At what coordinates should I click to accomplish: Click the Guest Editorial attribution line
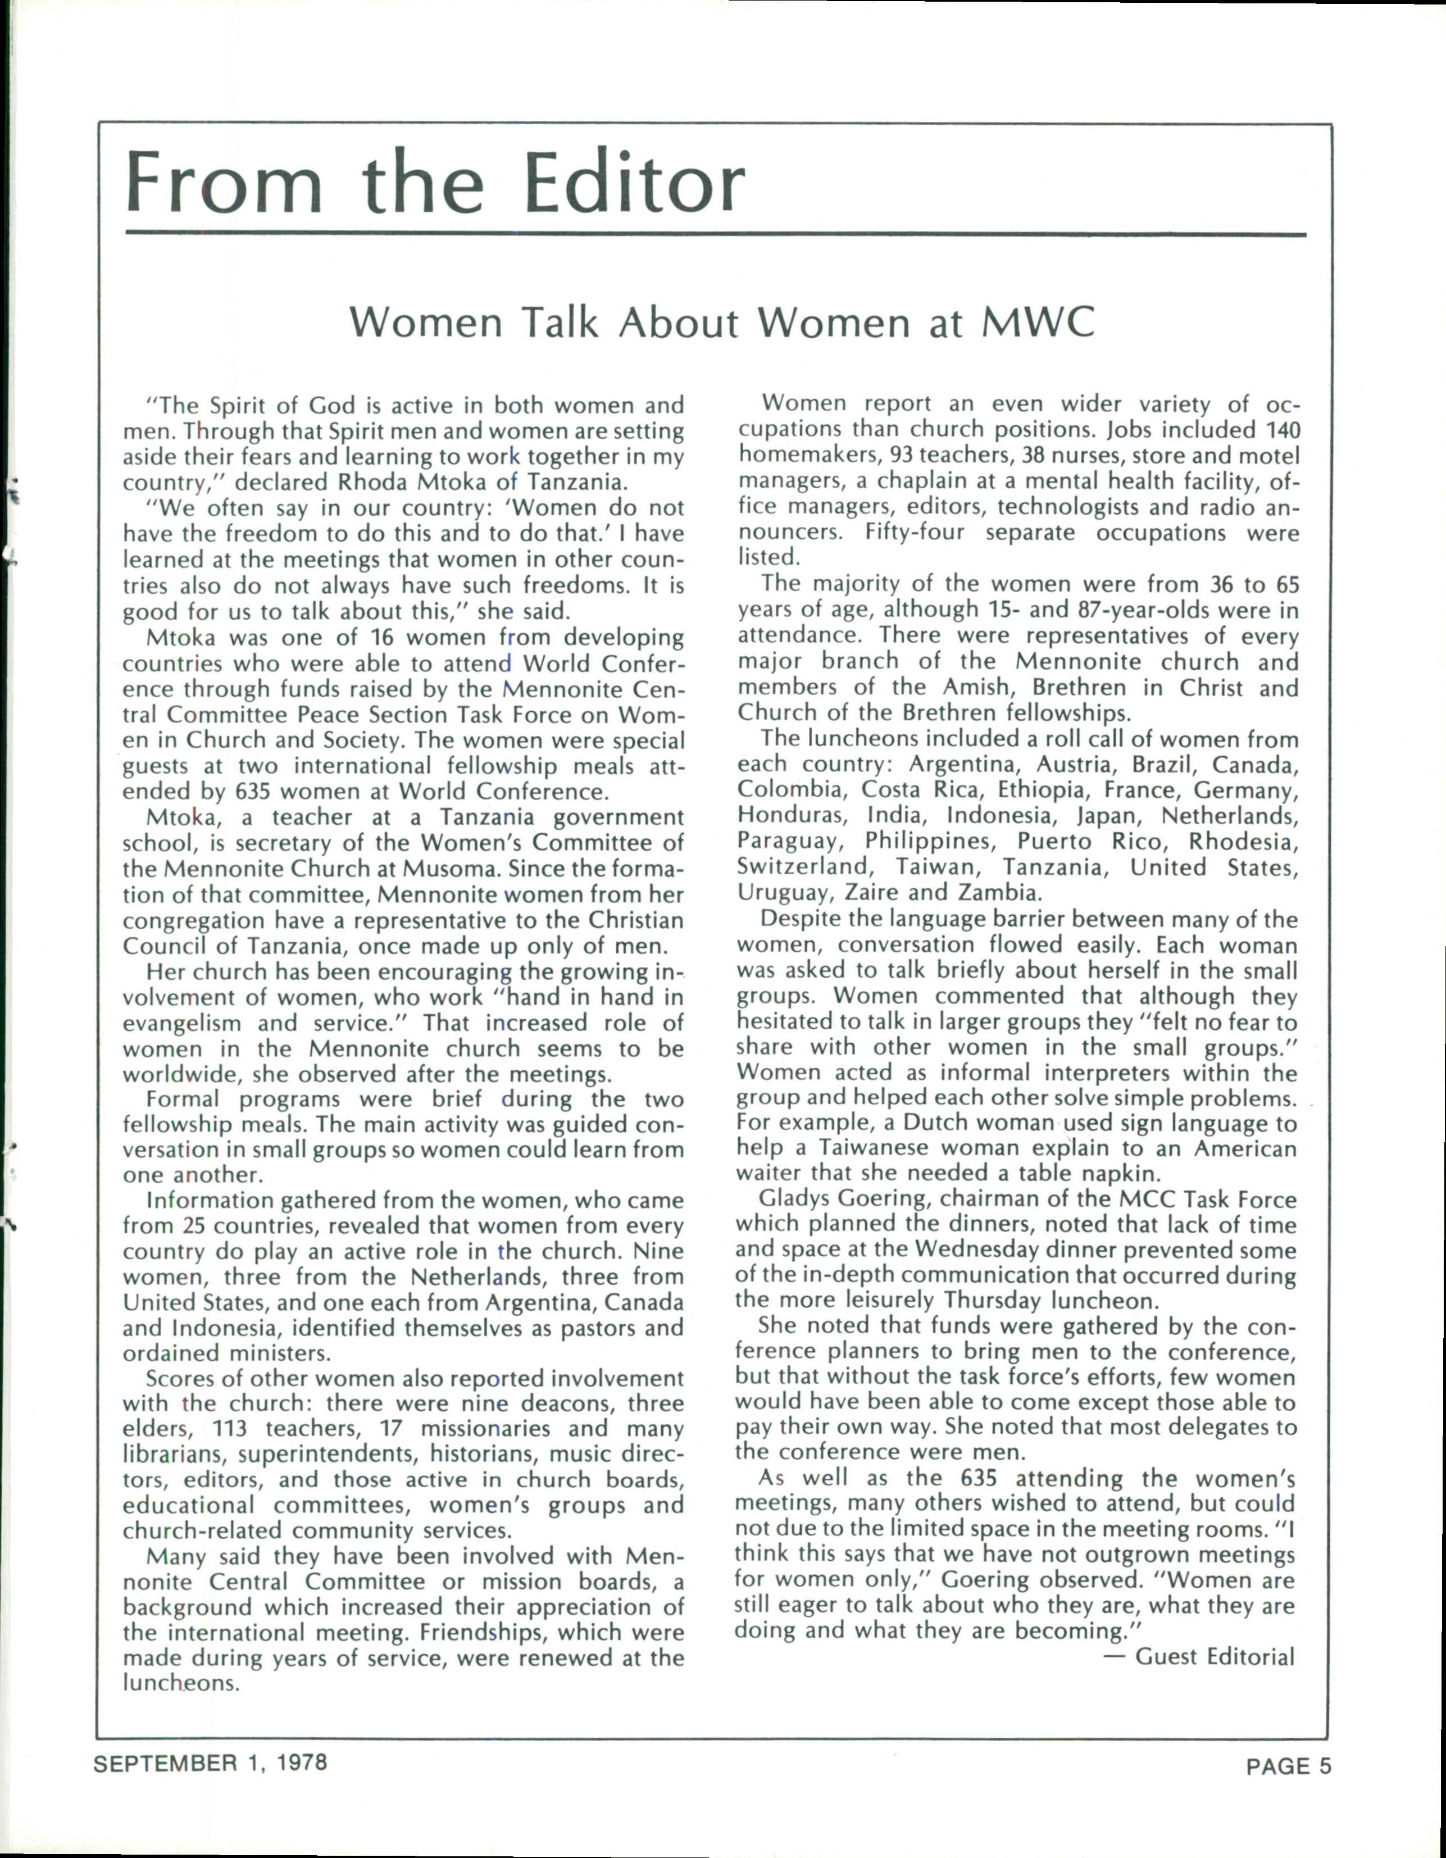tap(1214, 1656)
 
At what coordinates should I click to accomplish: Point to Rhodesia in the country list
tap(1244, 842)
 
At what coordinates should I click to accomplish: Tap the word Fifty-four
tap(915, 533)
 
